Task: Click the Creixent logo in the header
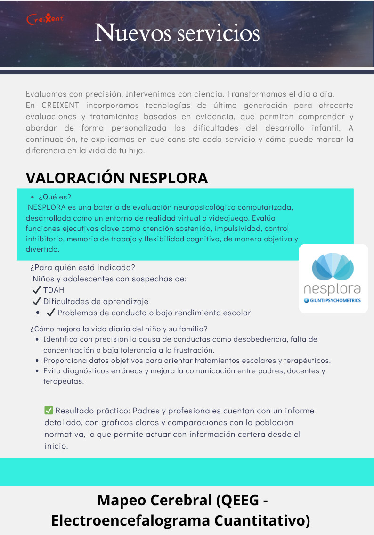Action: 45,19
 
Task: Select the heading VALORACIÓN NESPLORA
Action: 117,178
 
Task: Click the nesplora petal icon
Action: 333,267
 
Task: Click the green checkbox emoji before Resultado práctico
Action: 49,411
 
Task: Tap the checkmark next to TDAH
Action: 37,290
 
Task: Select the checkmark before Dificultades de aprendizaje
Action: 37,301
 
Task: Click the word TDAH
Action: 54,290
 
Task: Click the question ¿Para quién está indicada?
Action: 83,267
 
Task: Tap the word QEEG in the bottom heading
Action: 236,500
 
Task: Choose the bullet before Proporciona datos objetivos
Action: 38,361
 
